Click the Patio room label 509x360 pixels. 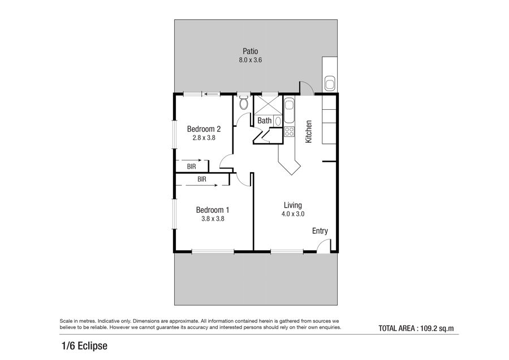[251, 51]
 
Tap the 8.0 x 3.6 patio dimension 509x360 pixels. [251, 60]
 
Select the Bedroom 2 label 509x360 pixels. [204, 129]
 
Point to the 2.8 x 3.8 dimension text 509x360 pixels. [204, 138]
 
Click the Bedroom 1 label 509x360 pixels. [213, 210]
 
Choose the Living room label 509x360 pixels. [293, 205]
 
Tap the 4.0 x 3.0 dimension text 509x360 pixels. [293, 214]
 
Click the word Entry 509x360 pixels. [320, 231]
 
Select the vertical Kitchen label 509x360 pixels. [309, 131]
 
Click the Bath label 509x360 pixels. [265, 121]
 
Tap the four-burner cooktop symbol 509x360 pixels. [289, 131]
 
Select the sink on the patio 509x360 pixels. [330, 84]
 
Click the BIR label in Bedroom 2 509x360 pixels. [192, 166]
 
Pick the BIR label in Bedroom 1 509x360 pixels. [202, 179]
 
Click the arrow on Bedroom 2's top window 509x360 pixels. [211, 95]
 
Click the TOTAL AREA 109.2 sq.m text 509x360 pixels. [416, 328]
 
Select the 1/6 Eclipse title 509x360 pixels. [84, 346]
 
